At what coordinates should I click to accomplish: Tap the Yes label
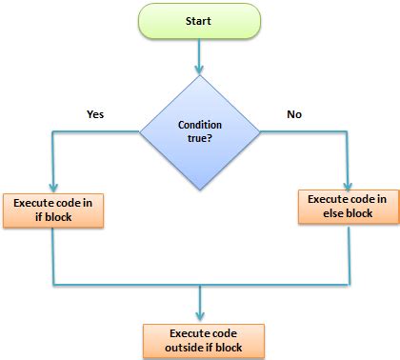click(x=94, y=113)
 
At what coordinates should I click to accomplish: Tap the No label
click(x=295, y=113)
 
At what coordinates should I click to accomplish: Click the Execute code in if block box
click(x=54, y=210)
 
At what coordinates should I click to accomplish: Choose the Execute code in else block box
click(x=347, y=206)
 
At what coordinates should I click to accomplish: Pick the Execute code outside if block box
click(x=200, y=339)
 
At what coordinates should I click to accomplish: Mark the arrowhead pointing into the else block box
click(x=347, y=184)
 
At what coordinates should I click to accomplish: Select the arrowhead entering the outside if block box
click(x=200, y=317)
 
